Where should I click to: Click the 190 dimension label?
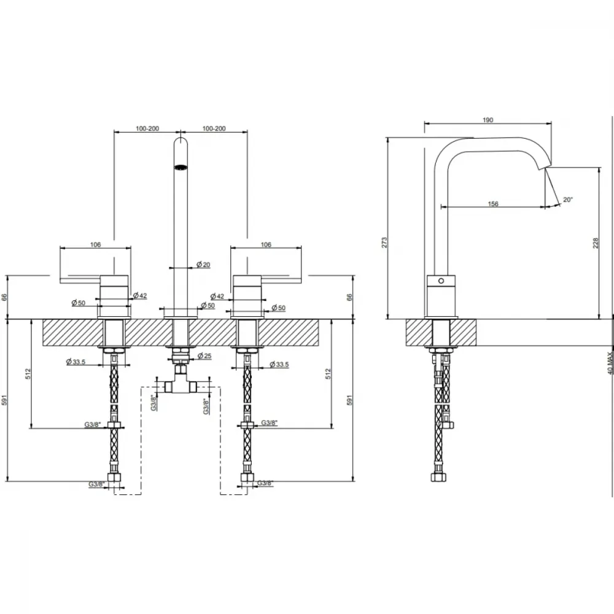(488, 120)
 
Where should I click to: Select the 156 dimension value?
(493, 204)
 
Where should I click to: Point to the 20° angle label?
(568, 200)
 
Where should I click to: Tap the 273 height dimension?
(384, 242)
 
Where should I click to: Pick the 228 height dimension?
(596, 243)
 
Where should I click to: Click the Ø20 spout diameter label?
(203, 265)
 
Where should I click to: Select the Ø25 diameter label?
(204, 356)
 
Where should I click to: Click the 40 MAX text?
(610, 363)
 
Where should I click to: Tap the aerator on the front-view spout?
(181, 168)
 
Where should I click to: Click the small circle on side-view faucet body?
(441, 281)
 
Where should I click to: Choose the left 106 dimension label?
(96, 245)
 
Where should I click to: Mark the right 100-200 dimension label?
(214, 128)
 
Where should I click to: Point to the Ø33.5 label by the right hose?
(279, 365)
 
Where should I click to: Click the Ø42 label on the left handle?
(140, 296)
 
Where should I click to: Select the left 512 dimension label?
(28, 374)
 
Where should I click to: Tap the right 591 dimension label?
(350, 400)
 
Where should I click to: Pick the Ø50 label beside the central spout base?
(208, 305)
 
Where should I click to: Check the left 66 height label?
(4, 298)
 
